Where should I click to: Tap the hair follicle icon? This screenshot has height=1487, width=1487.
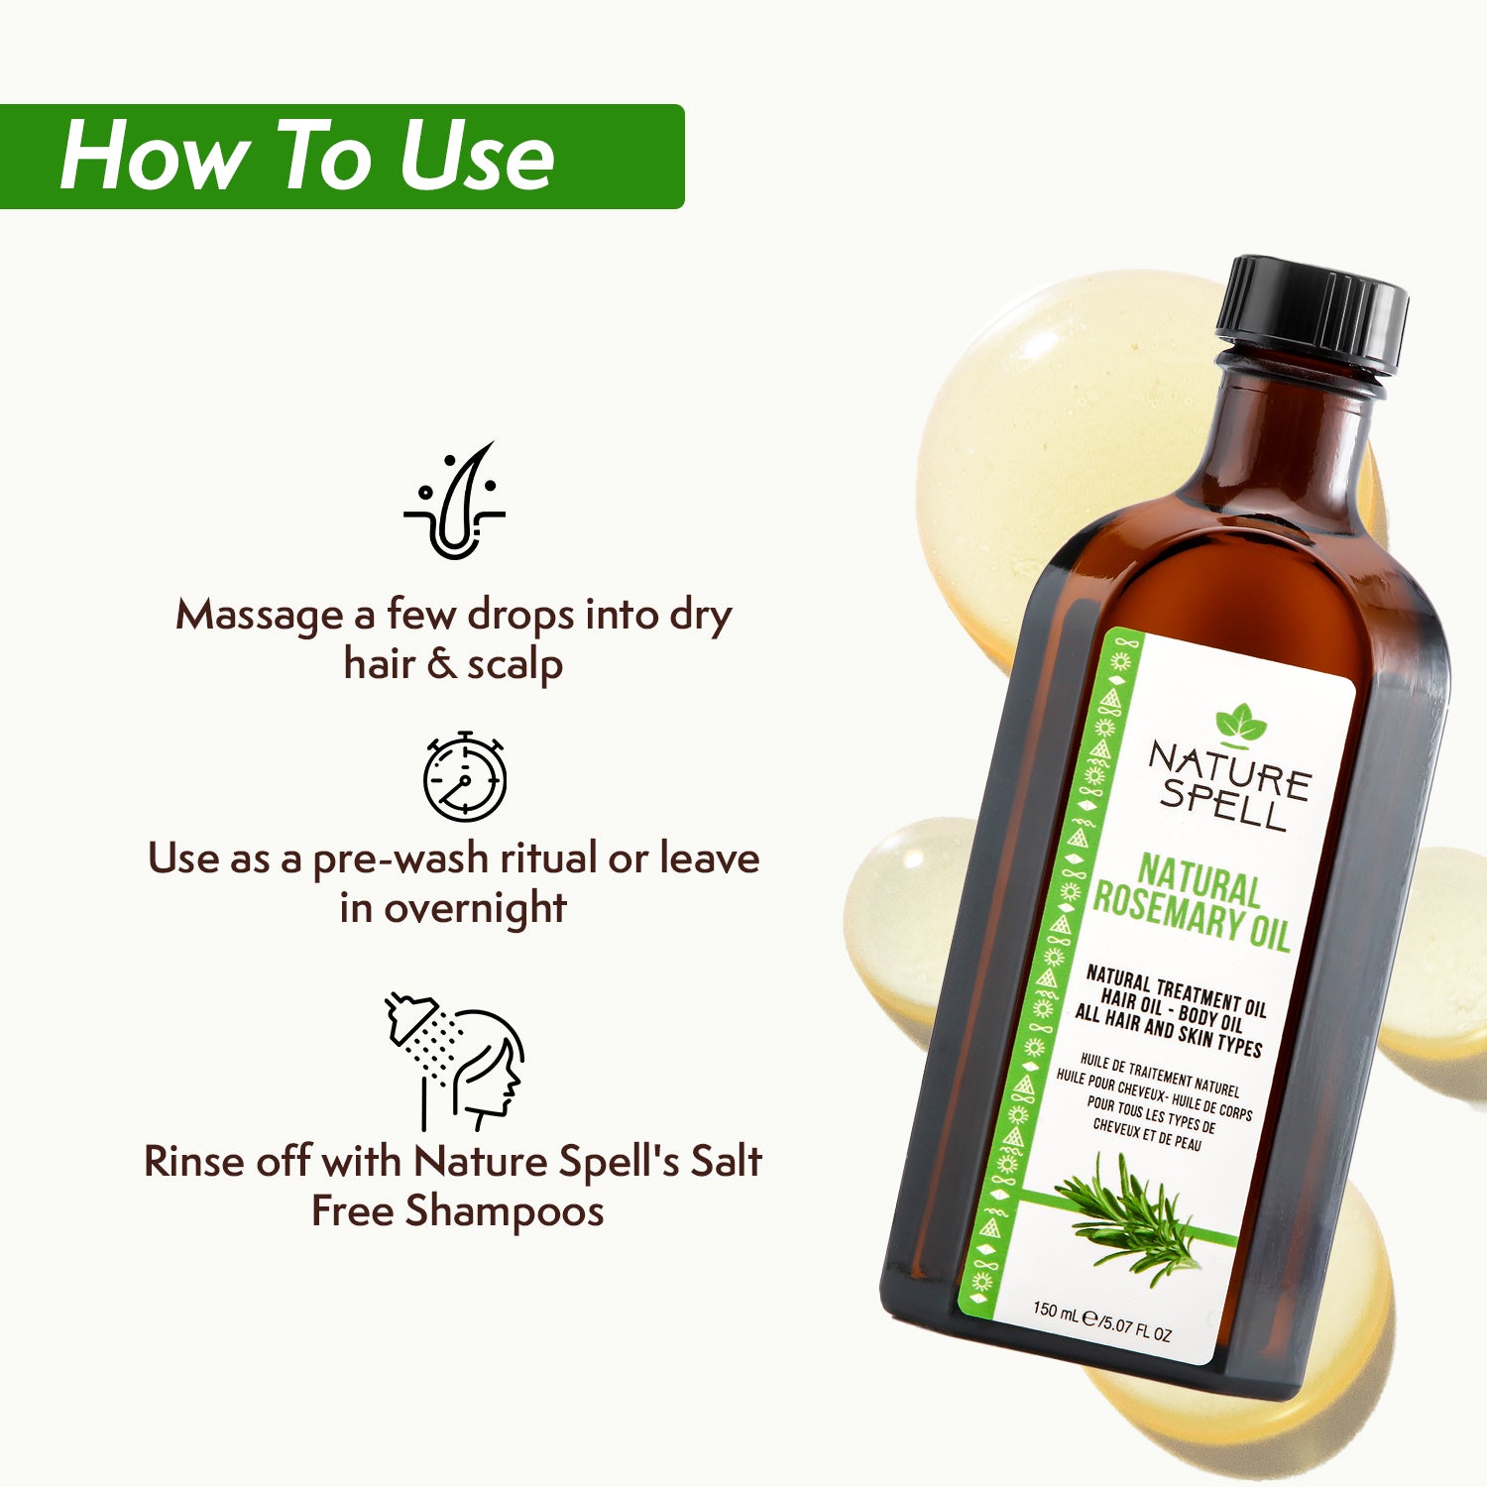point(455,502)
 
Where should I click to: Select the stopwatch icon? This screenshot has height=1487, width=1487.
point(464,777)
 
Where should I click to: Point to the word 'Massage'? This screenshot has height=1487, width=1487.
point(260,616)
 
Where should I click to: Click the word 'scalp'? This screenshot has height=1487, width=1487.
point(515,665)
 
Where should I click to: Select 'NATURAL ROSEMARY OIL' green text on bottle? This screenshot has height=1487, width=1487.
point(1194,903)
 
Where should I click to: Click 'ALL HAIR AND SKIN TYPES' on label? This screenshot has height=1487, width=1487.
point(1168,1031)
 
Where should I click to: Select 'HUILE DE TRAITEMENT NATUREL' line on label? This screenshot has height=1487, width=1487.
point(1159,1076)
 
